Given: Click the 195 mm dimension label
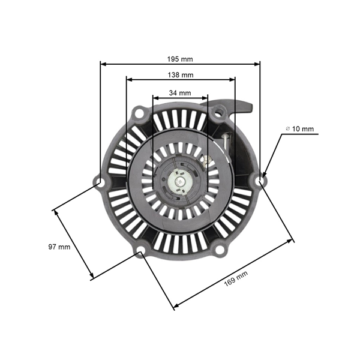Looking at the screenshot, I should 180,59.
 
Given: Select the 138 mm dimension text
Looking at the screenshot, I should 180,74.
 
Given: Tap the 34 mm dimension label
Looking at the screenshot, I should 180,93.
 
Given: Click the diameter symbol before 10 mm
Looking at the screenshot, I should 288,129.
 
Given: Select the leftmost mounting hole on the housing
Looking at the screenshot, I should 100,180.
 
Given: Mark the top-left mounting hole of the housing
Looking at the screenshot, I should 139,111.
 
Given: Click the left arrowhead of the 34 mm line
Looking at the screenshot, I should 155,97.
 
